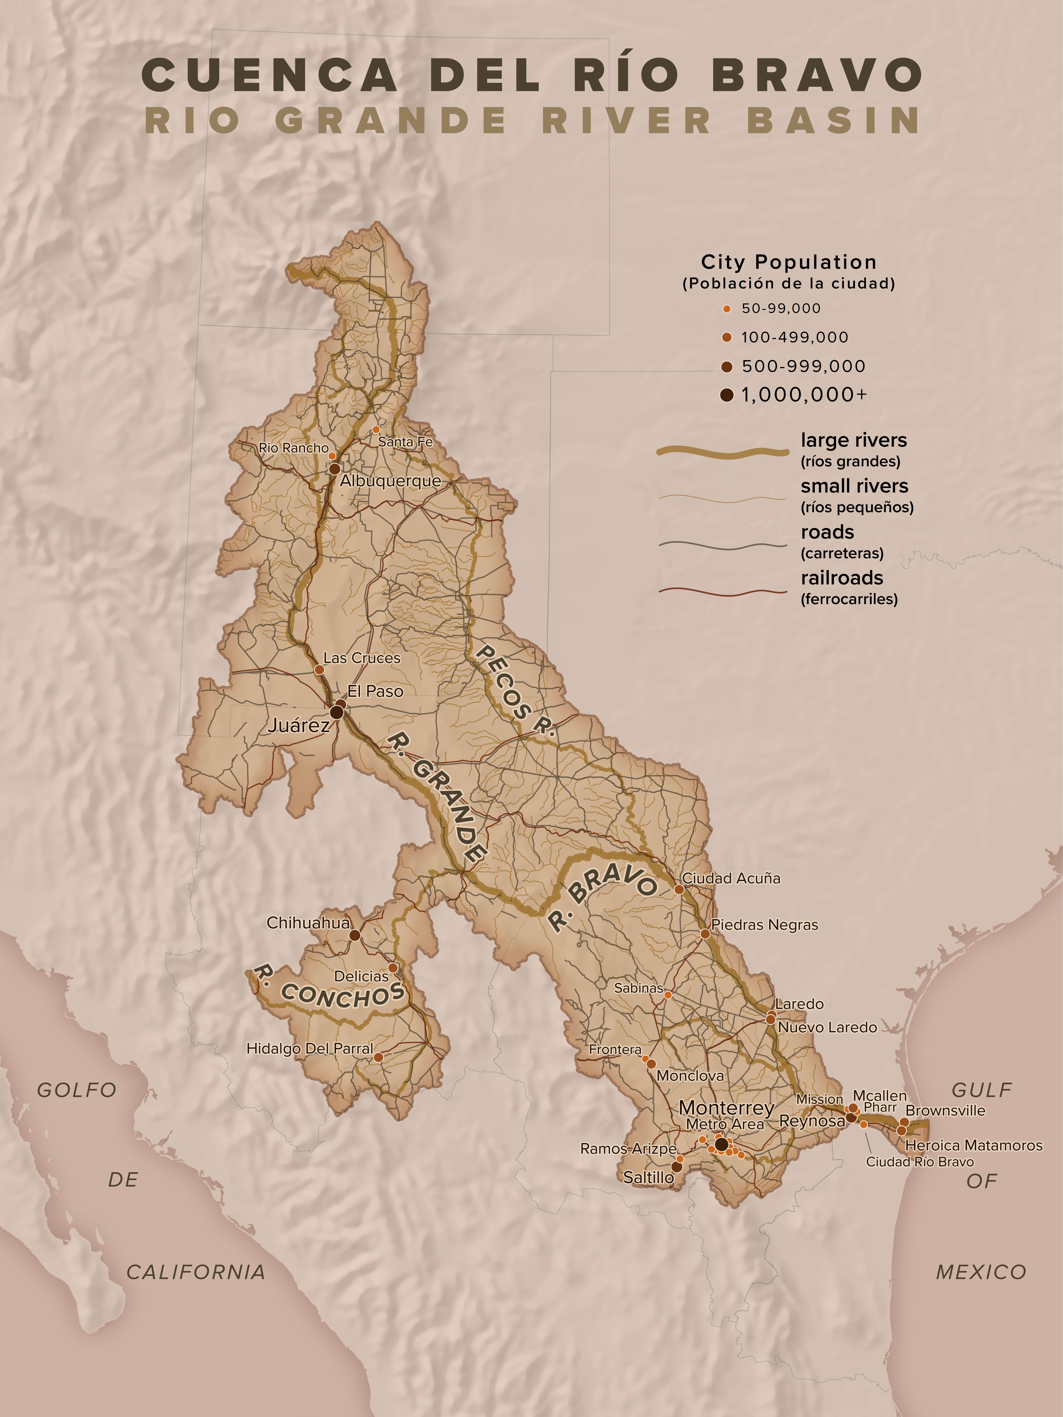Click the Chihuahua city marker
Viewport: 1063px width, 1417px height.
point(354,935)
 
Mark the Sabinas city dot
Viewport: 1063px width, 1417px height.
point(668,995)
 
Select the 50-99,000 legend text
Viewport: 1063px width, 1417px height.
point(781,308)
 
